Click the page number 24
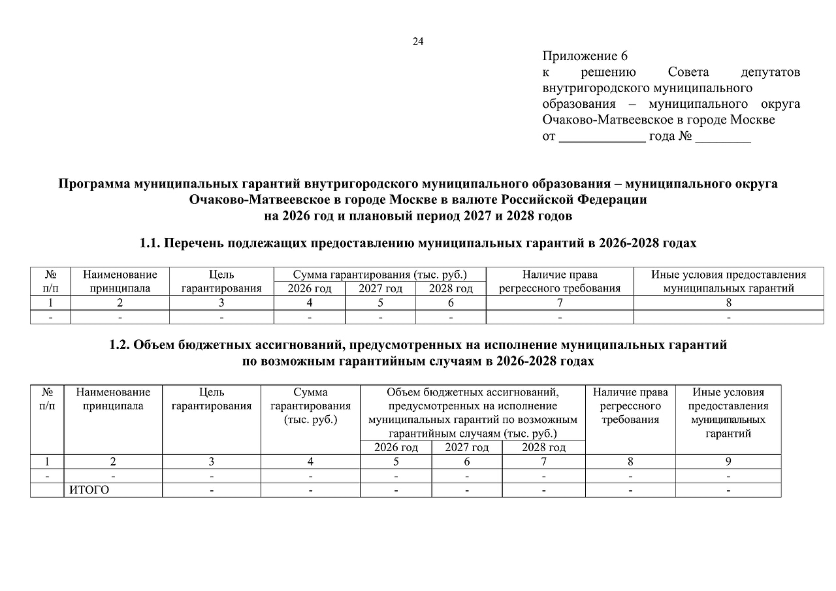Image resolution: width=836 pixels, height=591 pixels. tap(418, 42)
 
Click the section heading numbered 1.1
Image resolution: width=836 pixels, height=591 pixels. tap(418, 243)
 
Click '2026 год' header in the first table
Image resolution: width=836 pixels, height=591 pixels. tap(310, 288)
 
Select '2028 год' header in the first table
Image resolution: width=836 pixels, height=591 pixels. tap(451, 288)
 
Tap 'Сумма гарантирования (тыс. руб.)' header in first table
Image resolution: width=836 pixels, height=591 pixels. tap(380, 275)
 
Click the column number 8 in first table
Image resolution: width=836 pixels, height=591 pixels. tap(728, 303)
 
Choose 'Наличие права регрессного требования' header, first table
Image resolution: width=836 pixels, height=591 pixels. tap(560, 282)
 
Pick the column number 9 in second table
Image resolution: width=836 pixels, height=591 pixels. tap(728, 462)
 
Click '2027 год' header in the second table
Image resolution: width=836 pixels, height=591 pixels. tap(466, 447)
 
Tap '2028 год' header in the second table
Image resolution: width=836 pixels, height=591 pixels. tap(543, 447)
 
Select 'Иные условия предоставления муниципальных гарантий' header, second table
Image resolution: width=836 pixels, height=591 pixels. tap(728, 413)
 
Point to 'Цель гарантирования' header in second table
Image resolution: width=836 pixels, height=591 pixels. tap(212, 399)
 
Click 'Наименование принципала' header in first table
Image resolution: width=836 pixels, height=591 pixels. tap(120, 282)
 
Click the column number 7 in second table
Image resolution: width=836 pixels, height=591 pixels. tap(543, 462)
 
